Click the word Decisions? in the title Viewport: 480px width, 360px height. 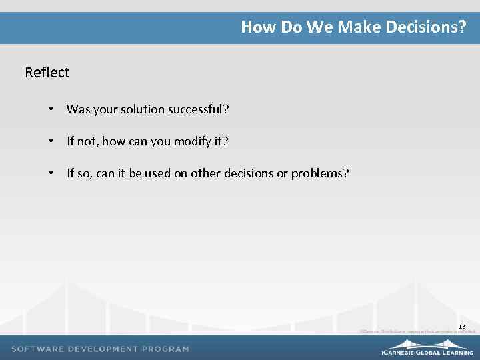[429, 27]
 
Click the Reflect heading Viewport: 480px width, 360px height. [47, 72]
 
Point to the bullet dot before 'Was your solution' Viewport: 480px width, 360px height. [51, 109]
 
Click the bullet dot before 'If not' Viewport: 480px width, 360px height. [51, 141]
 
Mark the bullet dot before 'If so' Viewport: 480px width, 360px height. [51, 174]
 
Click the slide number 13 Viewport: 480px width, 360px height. [461, 326]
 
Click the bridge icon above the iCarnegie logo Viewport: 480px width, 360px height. [427, 343]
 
